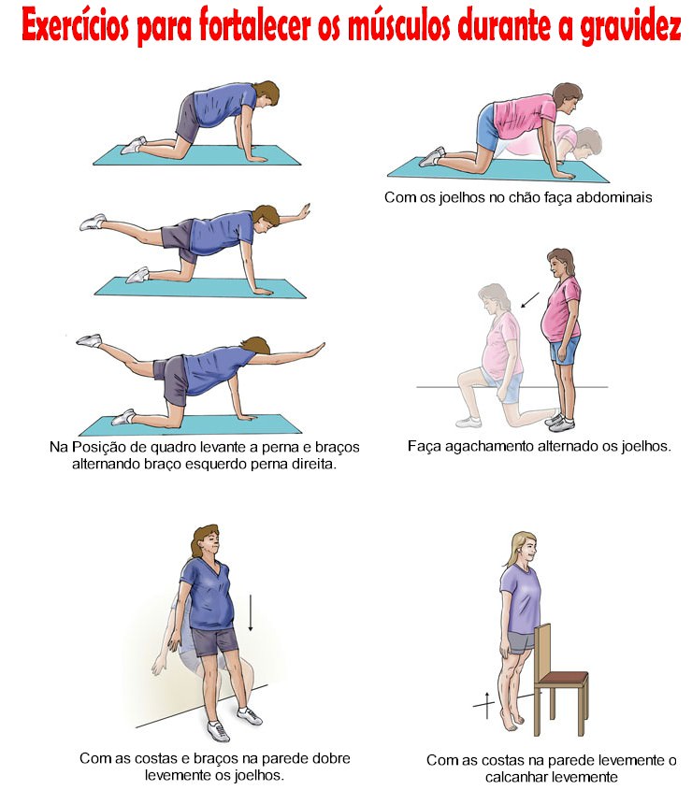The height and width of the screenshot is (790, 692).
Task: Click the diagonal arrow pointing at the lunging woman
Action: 529,300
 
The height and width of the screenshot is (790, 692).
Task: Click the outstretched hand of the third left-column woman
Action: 317,349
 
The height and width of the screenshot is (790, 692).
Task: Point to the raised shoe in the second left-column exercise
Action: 93,222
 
